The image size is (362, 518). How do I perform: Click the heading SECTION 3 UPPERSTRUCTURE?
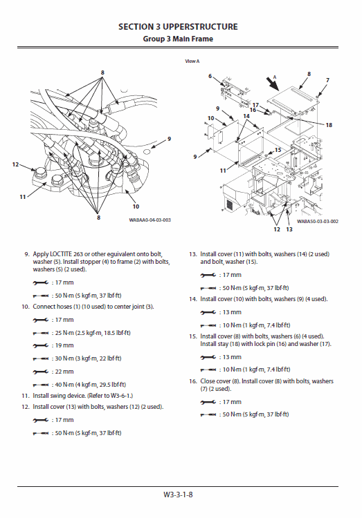pyautogui.click(x=178, y=27)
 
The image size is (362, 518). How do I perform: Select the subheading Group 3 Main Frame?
pyautogui.click(x=178, y=39)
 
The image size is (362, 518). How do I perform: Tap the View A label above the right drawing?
pyautogui.click(x=192, y=61)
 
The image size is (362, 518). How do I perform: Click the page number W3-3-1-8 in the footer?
pyautogui.click(x=178, y=495)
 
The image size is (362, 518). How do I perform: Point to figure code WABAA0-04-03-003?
pyautogui.click(x=149, y=220)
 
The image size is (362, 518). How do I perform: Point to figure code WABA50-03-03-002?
pyautogui.click(x=317, y=222)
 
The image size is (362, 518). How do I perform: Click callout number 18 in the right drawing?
pyautogui.click(x=328, y=125)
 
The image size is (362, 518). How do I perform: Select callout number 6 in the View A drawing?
pyautogui.click(x=210, y=76)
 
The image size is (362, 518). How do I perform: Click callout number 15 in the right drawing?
pyautogui.click(x=277, y=150)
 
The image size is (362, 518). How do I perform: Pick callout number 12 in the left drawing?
pyautogui.click(x=15, y=164)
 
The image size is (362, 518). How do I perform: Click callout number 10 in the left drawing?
pyautogui.click(x=136, y=206)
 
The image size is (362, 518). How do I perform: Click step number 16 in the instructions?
pyautogui.click(x=194, y=381)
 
